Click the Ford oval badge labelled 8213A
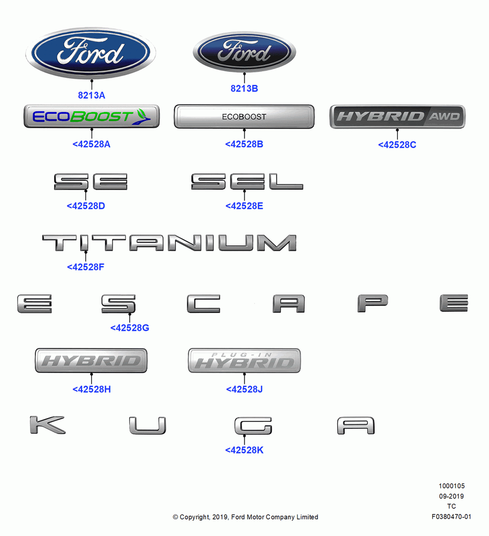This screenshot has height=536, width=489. coord(91,53)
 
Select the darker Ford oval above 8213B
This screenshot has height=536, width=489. coord(244,52)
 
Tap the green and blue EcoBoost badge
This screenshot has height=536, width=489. coord(92,116)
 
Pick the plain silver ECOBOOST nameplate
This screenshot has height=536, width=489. coord(244,116)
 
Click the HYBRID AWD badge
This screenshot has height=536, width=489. coord(397,116)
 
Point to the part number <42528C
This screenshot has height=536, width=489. coord(397,145)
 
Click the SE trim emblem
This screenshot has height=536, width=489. coord(91,182)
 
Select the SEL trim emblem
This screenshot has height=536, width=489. coord(247,181)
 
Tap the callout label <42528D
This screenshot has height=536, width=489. coord(86,206)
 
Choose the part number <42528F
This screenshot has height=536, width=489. coord(85,267)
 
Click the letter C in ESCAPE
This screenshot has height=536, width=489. coord(203,303)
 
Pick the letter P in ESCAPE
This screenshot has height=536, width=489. coord(373,303)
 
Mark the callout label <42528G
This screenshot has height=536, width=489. coord(130,328)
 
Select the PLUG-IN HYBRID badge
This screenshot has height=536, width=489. coord(244,361)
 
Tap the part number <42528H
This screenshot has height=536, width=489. coord(92,389)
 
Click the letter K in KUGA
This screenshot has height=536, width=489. coord(47,425)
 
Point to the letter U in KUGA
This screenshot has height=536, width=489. coord(147,426)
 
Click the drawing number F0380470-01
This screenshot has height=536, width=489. coord(451,517)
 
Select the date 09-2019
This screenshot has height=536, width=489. coord(451,496)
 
